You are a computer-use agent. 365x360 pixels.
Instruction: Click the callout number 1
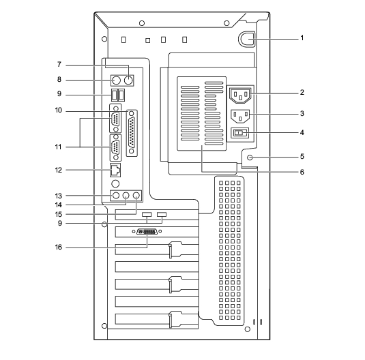pos(302,38)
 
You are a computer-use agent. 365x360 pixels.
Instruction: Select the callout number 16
pos(59,247)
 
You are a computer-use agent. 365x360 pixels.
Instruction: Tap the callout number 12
pos(59,170)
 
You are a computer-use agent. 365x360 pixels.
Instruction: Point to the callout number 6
pos(302,172)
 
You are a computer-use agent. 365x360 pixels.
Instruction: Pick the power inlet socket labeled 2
pos(240,95)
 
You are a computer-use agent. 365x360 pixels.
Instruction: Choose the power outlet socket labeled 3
pos(240,117)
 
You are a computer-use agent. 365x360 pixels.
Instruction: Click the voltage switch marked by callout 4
pos(239,133)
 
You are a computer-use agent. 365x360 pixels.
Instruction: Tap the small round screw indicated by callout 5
pos(250,157)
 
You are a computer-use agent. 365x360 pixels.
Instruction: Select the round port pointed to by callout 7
pos(128,80)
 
